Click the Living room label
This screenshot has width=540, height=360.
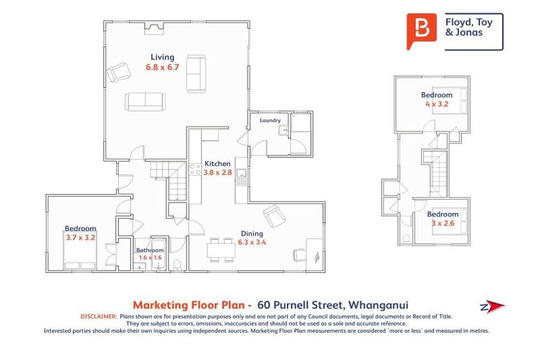click(x=162, y=57)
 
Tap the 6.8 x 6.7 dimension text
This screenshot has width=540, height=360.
click(x=163, y=67)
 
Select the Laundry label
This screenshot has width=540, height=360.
click(x=270, y=120)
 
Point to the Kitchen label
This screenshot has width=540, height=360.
click(x=217, y=163)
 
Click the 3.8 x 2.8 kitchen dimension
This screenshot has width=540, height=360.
click(x=217, y=172)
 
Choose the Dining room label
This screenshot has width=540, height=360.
click(x=251, y=233)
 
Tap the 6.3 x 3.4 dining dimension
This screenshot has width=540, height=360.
click(x=251, y=243)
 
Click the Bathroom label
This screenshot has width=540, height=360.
click(x=150, y=250)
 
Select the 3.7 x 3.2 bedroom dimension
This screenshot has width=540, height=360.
click(x=80, y=238)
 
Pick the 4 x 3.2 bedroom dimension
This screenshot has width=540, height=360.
click(x=437, y=104)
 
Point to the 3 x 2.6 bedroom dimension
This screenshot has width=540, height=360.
click(x=443, y=223)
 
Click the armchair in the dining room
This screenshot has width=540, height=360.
click(x=274, y=214)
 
